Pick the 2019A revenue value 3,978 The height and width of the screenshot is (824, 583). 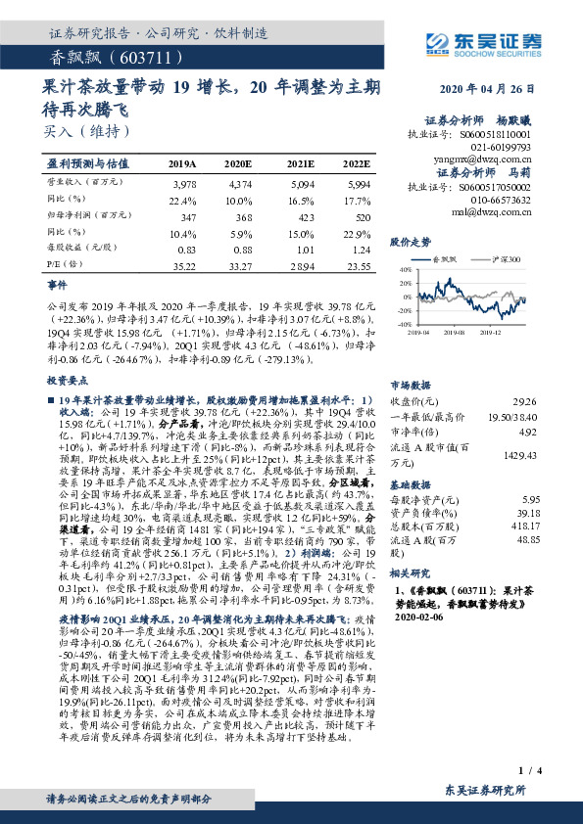click(x=184, y=183)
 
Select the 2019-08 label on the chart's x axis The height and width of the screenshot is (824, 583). click(x=456, y=330)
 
